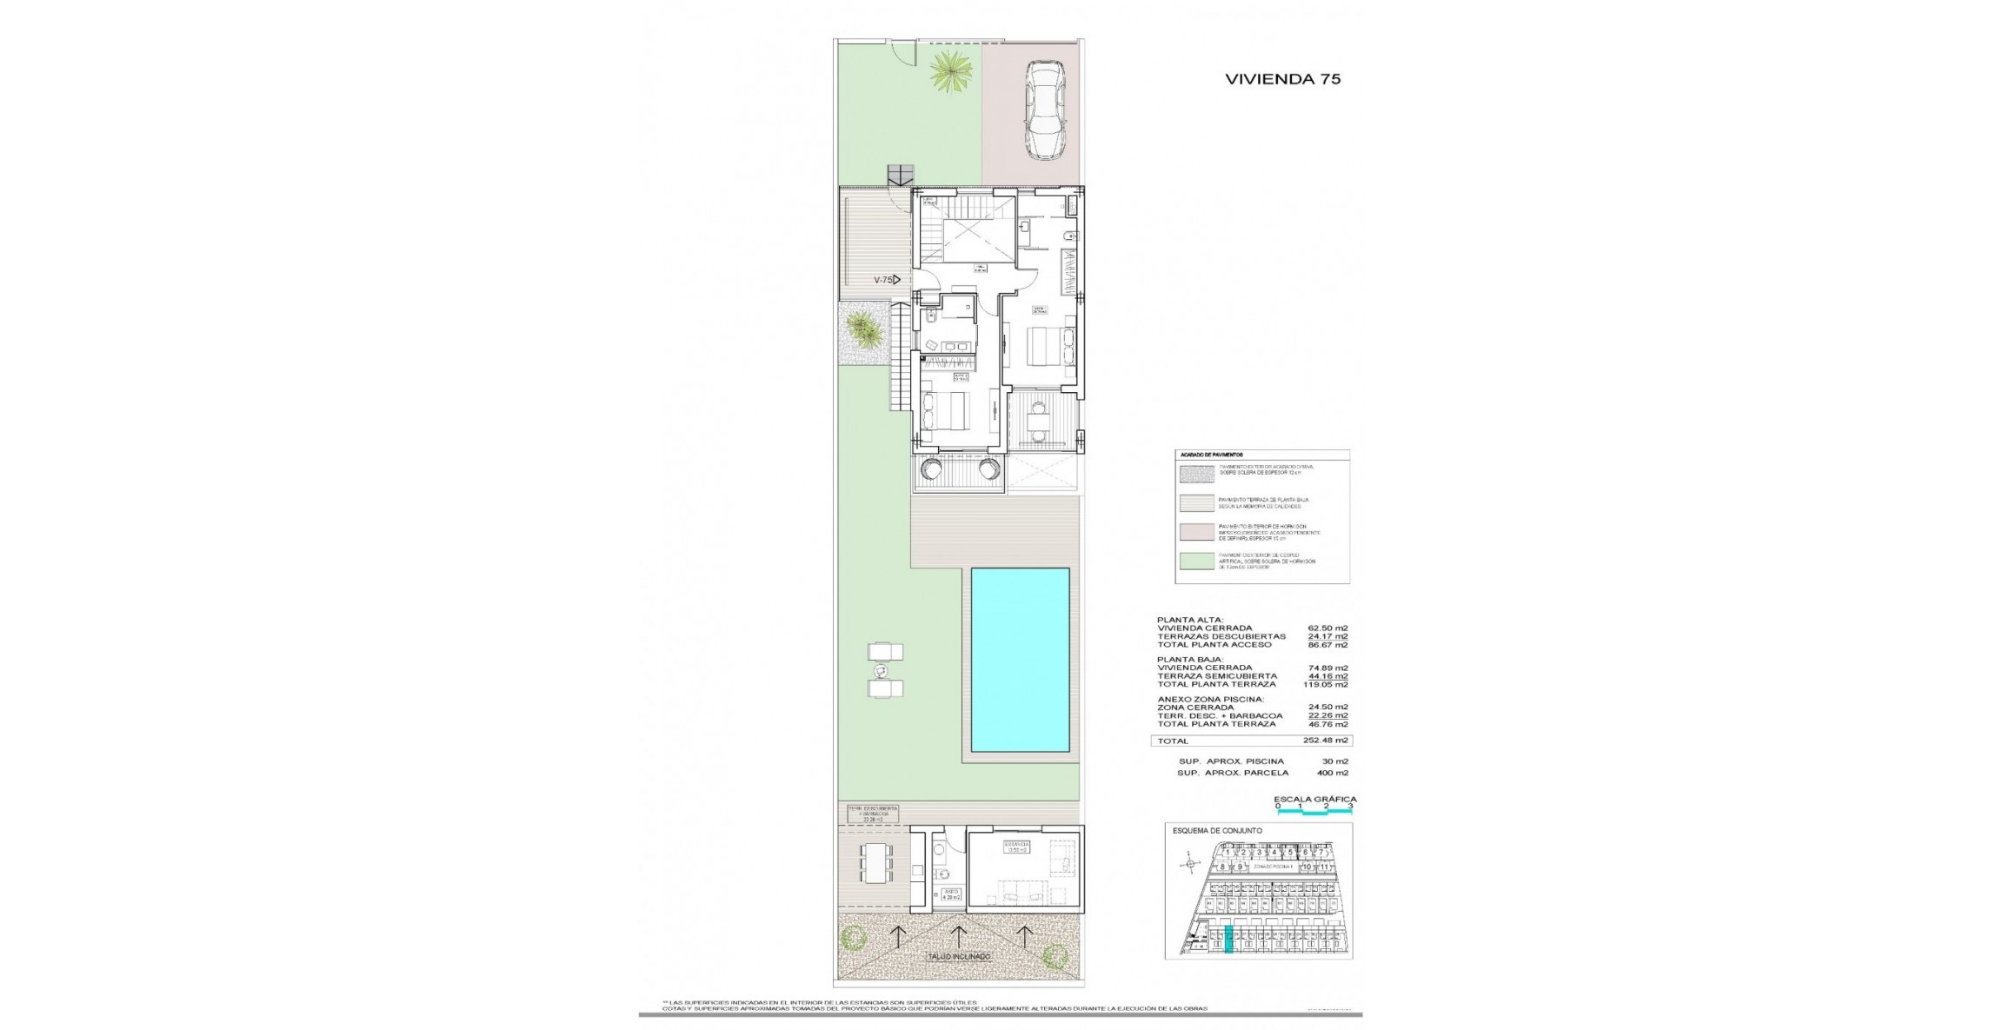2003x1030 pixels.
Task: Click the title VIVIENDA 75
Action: (1282, 78)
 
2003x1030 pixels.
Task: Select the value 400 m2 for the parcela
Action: (1333, 773)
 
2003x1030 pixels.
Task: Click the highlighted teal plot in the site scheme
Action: (1229, 940)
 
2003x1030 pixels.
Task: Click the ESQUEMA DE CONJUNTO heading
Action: (1217, 831)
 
